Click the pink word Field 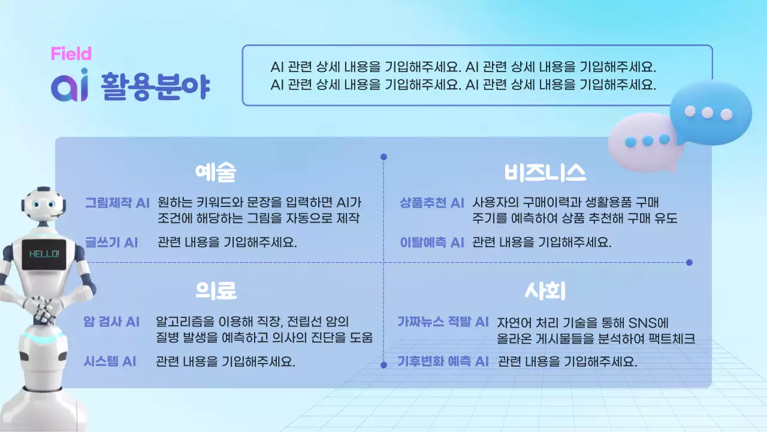click(x=71, y=54)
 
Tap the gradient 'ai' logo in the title click(x=70, y=86)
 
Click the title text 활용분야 click(x=155, y=86)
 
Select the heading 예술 click(x=216, y=173)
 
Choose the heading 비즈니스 click(x=544, y=173)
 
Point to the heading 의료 click(x=216, y=291)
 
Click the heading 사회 click(x=545, y=291)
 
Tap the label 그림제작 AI click(x=117, y=203)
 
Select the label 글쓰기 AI click(x=111, y=242)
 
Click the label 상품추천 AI click(x=432, y=203)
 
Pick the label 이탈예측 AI click(x=432, y=242)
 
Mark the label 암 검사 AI click(x=111, y=322)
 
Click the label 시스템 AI click(x=110, y=361)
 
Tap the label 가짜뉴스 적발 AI click(x=443, y=322)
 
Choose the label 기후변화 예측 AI click(x=443, y=361)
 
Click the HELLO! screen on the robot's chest click(x=44, y=254)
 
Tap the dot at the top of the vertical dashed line click(x=383, y=157)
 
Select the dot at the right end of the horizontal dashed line click(x=689, y=262)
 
